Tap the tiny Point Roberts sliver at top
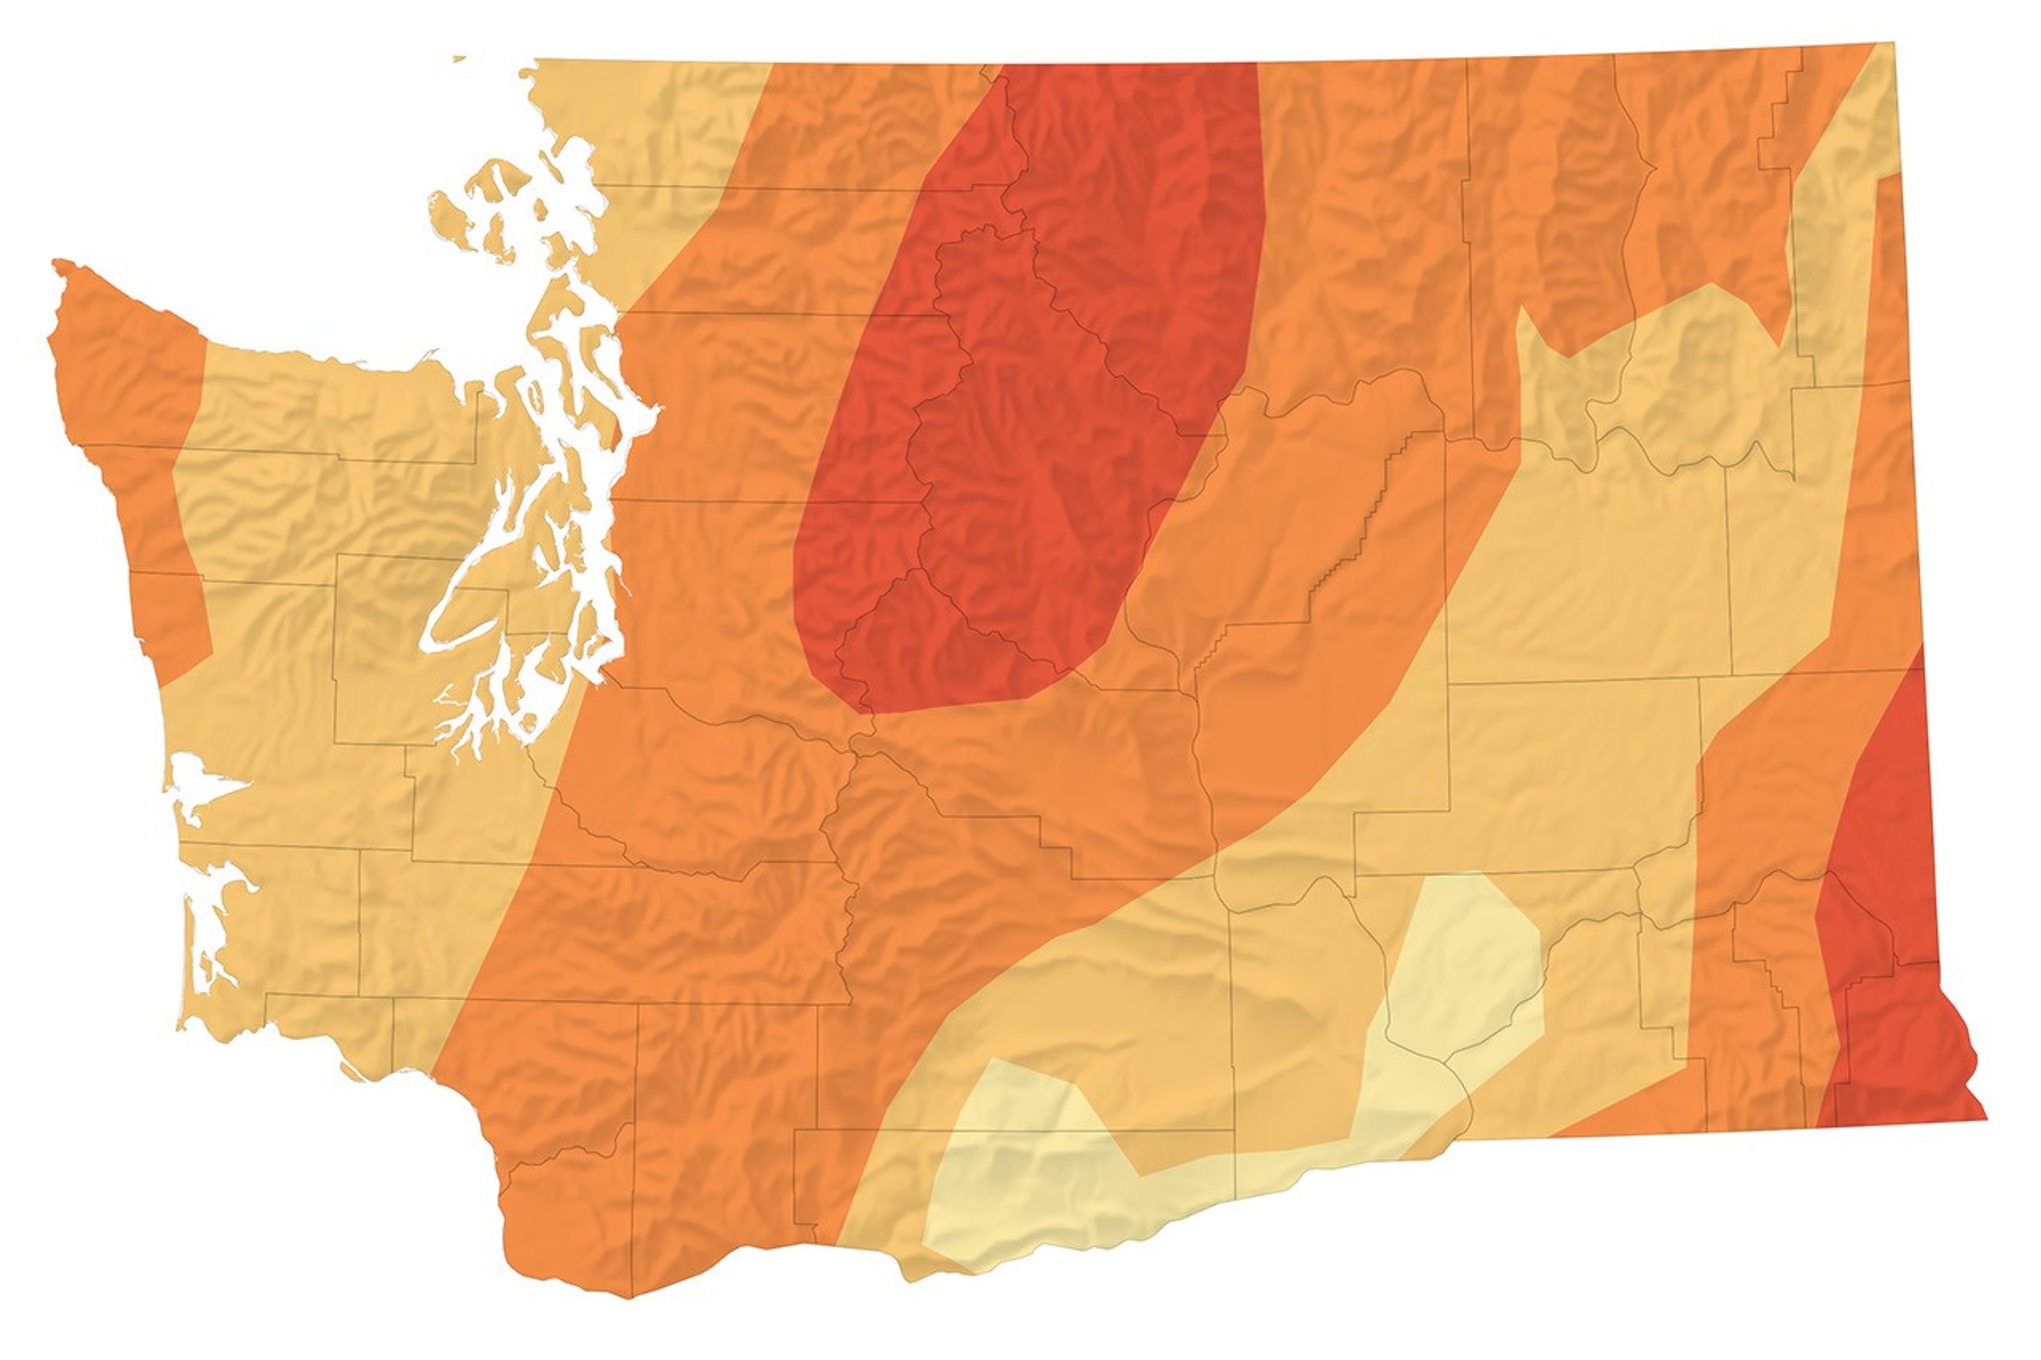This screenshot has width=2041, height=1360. [x=459, y=59]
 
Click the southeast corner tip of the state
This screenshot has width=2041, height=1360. [x=1984, y=1119]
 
